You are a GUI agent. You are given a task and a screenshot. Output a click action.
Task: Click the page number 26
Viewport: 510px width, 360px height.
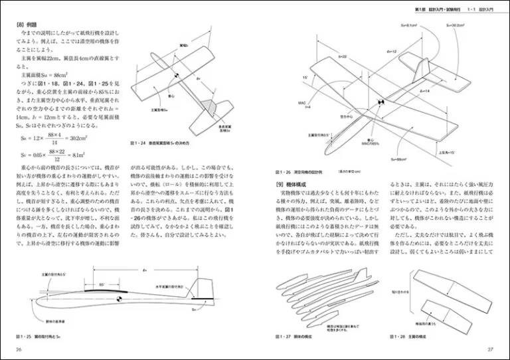click(x=19, y=350)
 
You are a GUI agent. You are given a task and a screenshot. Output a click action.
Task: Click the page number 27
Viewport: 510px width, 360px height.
click(x=490, y=350)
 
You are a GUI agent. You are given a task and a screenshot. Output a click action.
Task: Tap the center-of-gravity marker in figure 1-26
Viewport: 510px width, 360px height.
click(x=382, y=102)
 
